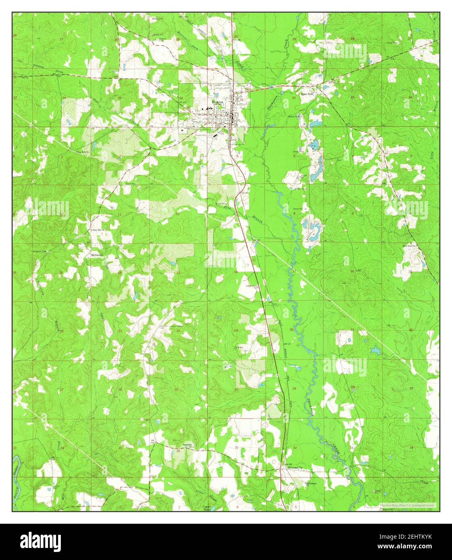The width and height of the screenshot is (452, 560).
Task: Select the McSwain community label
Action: click(97, 255)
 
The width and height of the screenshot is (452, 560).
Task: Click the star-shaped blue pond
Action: click(375, 350)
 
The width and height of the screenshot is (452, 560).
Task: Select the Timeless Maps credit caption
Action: click(407, 505)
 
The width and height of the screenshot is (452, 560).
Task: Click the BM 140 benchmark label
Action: click(255, 241)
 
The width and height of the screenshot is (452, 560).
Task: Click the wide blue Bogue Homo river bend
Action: click(17, 463)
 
